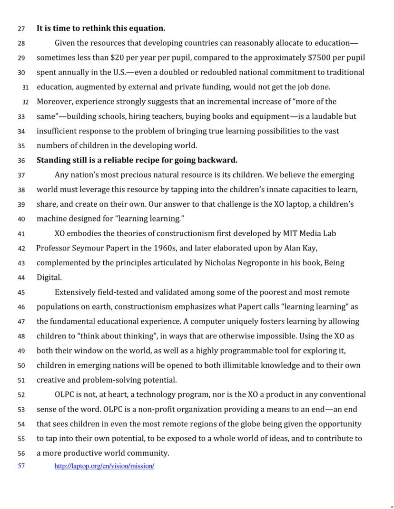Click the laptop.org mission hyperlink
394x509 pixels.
point(104,466)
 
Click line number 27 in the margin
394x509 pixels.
point(21,29)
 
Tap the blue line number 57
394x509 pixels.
point(21,466)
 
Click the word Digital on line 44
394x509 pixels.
point(49,278)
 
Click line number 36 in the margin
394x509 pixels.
point(21,160)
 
